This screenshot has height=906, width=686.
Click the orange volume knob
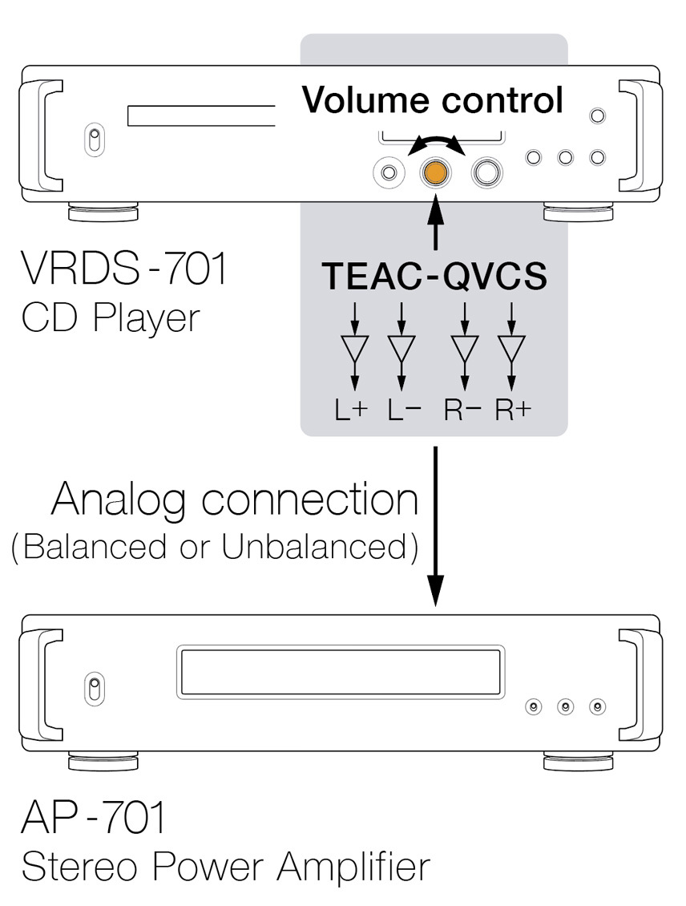click(435, 172)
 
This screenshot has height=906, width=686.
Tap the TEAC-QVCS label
click(434, 276)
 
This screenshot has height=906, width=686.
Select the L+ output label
click(351, 410)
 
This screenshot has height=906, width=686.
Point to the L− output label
click(404, 410)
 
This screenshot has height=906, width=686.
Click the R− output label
click(462, 410)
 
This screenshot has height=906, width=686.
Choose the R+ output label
click(513, 410)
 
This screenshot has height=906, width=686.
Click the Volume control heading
click(433, 99)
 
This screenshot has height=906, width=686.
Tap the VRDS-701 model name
click(123, 268)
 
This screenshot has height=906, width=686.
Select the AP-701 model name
click(93, 816)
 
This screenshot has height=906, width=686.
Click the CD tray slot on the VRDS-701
click(201, 115)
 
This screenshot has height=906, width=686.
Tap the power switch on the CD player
click(95, 140)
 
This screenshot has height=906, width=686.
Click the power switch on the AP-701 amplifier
click(95, 689)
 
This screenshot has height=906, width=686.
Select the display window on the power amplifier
click(340, 672)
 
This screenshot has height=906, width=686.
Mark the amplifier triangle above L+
click(355, 349)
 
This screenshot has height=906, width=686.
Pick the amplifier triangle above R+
click(511, 349)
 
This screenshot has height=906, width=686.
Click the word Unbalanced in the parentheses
click(314, 546)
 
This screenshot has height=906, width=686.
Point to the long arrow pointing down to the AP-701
click(436, 526)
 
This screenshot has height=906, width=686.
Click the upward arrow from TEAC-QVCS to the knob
click(436, 222)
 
